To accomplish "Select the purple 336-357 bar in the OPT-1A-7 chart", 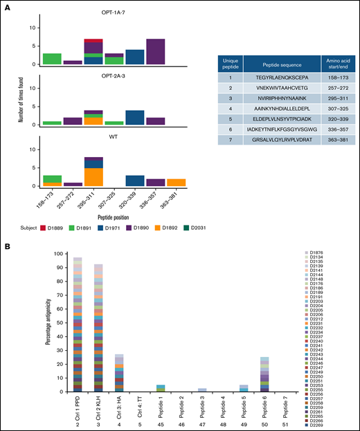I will pyautogui.click(x=155, y=52).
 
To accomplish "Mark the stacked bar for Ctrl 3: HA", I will pyautogui.click(x=120, y=373).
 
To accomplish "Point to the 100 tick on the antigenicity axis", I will pyautogui.click(x=62, y=254).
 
